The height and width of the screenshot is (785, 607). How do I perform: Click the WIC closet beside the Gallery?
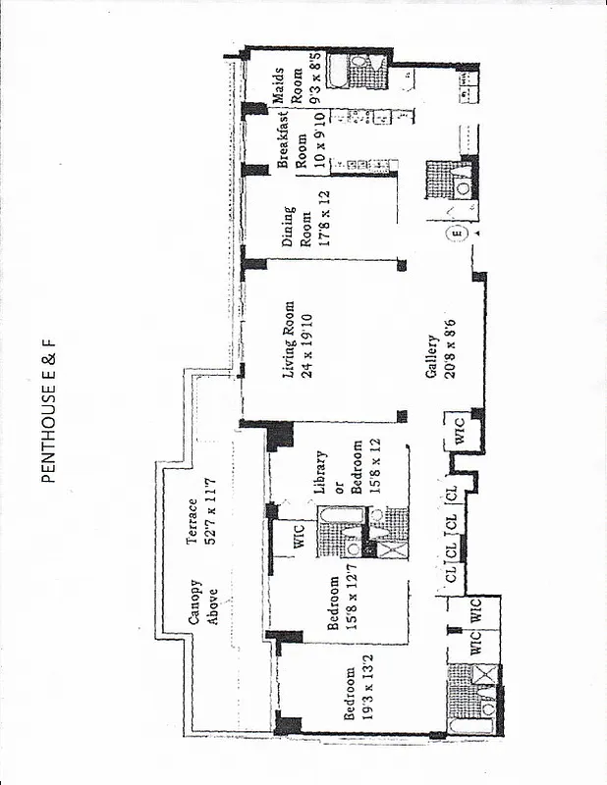pyautogui.click(x=461, y=433)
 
